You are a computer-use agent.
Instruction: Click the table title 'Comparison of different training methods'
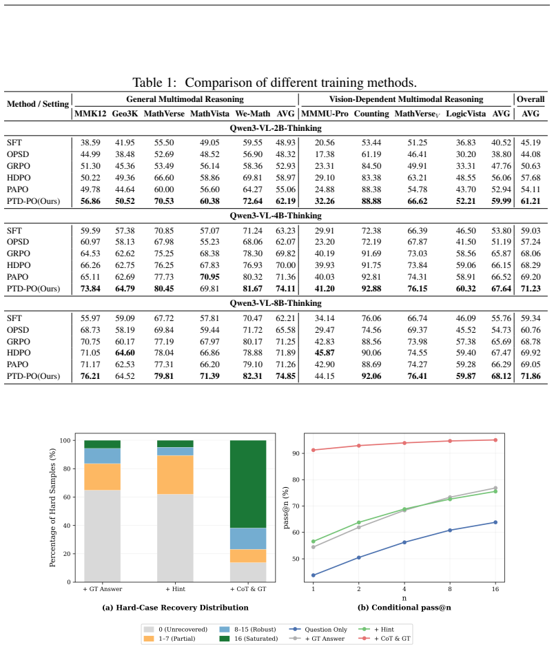pyautogui.click(x=300, y=83)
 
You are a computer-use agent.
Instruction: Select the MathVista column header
pyautogui.click(x=209, y=114)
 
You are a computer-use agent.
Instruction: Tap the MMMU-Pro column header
pyautogui.click(x=325, y=114)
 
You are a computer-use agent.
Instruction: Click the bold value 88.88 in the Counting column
pyautogui.click(x=371, y=201)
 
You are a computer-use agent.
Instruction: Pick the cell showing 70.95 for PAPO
pyautogui.click(x=209, y=277)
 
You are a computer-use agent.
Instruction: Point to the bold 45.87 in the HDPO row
pyautogui.click(x=325, y=353)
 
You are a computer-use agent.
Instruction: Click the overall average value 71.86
pyautogui.click(x=531, y=376)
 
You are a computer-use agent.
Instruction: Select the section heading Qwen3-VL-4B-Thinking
pyautogui.click(x=276, y=216)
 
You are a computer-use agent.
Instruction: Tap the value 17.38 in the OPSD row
pyautogui.click(x=325, y=154)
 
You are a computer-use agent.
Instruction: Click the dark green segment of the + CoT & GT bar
pyautogui.click(x=248, y=484)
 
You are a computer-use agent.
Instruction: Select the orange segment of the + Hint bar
pyautogui.click(x=175, y=475)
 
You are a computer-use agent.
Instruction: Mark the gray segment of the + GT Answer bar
pyautogui.click(x=102, y=536)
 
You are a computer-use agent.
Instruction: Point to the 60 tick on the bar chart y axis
pyautogui.click(x=67, y=497)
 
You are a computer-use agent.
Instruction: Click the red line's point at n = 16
pyautogui.click(x=495, y=440)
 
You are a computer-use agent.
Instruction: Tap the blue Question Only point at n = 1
pyautogui.click(x=314, y=575)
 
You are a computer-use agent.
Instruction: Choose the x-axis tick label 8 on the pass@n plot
pyautogui.click(x=450, y=589)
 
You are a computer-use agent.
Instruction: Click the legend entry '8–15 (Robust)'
pyautogui.click(x=248, y=630)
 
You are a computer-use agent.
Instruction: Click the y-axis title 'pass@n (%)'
pyautogui.click(x=286, y=508)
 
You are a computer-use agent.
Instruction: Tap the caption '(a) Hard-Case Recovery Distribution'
pyautogui.click(x=176, y=608)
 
